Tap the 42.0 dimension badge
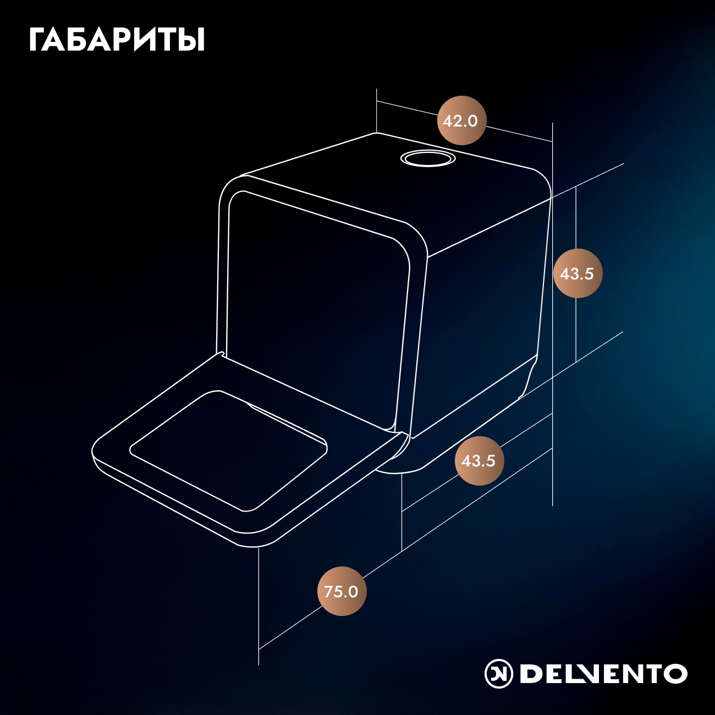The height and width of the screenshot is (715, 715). [x=461, y=120]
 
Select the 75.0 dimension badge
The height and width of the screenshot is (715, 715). [x=342, y=591]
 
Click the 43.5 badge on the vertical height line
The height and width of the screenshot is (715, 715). [x=577, y=273]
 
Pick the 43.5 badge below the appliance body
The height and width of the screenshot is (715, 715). [x=479, y=460]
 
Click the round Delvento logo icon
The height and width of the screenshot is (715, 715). [x=499, y=673]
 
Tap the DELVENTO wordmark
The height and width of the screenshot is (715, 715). [x=603, y=673]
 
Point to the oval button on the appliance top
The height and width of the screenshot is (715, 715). [x=428, y=158]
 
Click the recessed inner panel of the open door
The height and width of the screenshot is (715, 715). [x=228, y=450]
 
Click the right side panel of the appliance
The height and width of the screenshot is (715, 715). [x=482, y=315]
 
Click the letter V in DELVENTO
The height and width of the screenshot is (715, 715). [x=587, y=673]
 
